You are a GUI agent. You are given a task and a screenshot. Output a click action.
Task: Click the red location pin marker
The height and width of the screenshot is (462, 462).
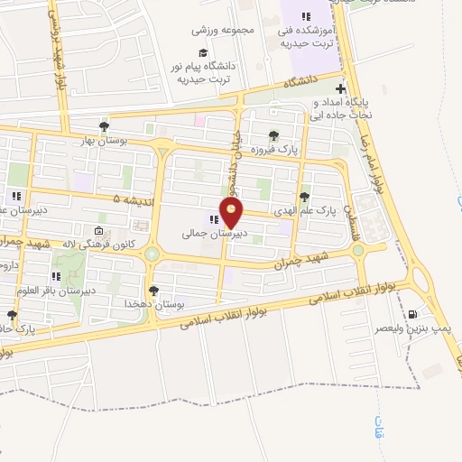pyautogui.click(x=233, y=212)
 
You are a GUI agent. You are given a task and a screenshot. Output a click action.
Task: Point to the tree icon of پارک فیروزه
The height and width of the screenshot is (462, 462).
pyautogui.click(x=273, y=135)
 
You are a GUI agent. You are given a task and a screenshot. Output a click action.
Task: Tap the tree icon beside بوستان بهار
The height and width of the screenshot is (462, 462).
pyautogui.click(x=105, y=126)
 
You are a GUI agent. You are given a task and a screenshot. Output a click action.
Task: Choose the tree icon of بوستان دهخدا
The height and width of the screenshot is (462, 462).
pyautogui.click(x=154, y=291)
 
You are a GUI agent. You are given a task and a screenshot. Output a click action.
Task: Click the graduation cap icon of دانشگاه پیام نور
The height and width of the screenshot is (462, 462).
pyautogui.click(x=203, y=51)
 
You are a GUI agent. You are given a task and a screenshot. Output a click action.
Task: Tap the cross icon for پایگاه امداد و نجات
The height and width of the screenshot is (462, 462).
pyautogui.click(x=339, y=88)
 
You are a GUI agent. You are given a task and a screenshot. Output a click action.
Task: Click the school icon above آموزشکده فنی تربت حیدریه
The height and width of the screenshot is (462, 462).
pyautogui.click(x=306, y=16)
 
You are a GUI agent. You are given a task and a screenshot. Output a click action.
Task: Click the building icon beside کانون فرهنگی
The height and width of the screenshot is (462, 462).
pyautogui.click(x=98, y=230)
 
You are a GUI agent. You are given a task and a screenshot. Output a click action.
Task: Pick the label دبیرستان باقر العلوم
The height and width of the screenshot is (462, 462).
pyautogui.click(x=88, y=292)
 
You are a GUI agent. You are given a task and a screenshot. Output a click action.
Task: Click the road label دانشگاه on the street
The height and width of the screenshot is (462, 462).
pyautogui.click(x=303, y=82)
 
